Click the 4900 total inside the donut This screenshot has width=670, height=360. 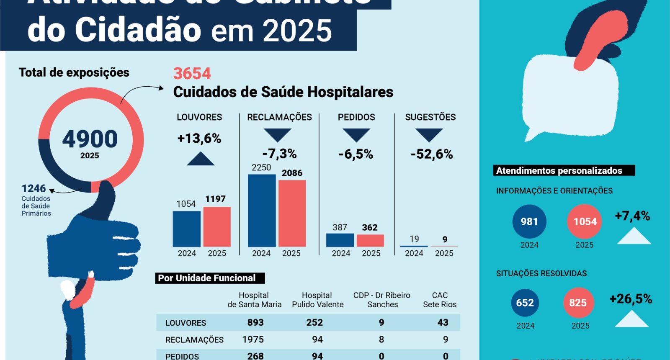(x=90, y=139)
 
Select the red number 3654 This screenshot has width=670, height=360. (x=192, y=74)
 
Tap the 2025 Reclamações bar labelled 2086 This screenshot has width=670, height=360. (x=292, y=213)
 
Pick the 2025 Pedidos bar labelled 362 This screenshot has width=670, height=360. (x=370, y=240)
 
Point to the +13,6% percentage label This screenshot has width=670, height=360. (x=199, y=139)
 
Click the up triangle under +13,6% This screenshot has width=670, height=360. (x=201, y=159)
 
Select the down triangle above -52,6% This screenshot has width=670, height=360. (x=429, y=135)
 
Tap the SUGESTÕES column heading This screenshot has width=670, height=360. (x=430, y=117)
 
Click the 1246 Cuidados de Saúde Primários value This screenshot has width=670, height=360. (x=34, y=188)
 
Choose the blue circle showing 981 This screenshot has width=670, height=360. (x=529, y=221)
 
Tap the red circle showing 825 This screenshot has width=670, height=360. (x=577, y=303)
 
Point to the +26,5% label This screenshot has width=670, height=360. (x=631, y=299)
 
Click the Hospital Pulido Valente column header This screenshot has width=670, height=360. (x=317, y=300)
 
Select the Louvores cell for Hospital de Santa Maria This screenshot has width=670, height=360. (x=255, y=322)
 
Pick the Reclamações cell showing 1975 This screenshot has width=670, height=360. (x=253, y=339)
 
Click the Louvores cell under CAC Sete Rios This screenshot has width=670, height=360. (x=443, y=322)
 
